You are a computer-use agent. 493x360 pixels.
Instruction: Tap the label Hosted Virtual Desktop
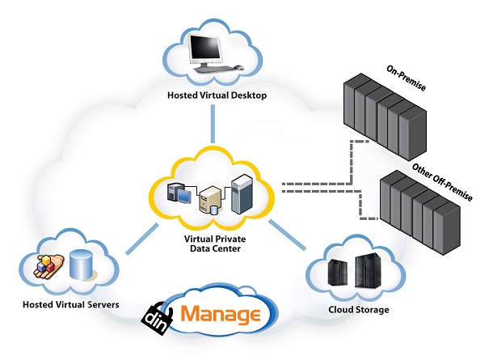(217, 95)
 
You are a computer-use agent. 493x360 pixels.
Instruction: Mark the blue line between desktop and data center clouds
(215, 125)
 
